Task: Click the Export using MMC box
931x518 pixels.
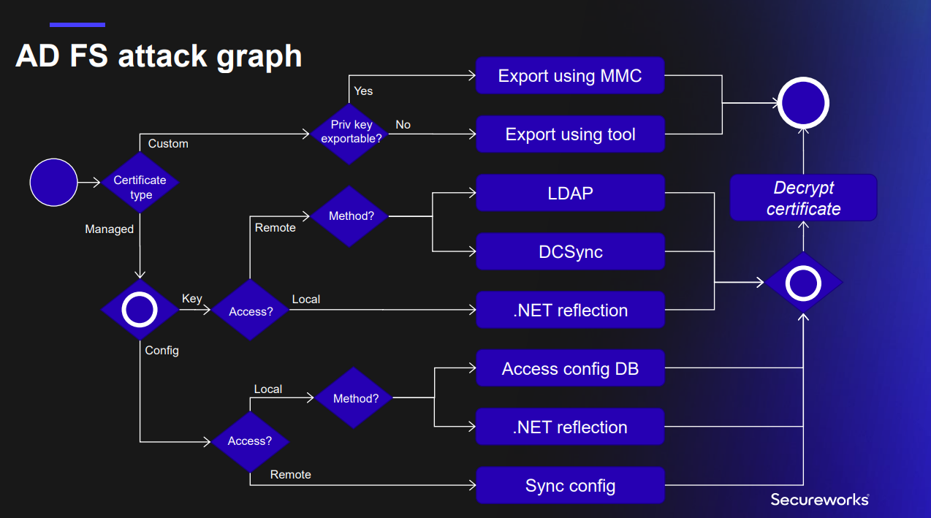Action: click(570, 76)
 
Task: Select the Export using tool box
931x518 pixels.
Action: click(570, 134)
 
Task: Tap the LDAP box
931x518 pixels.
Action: click(570, 193)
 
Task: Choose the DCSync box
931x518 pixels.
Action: click(570, 252)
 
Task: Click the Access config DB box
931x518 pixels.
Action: click(570, 369)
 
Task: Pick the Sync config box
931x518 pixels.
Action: click(570, 486)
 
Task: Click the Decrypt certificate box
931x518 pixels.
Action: click(803, 198)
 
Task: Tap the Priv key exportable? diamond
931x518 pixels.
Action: click(351, 132)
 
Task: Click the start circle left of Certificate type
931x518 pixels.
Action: click(53, 183)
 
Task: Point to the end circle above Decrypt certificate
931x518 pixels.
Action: click(803, 103)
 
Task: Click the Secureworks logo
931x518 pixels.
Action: click(819, 499)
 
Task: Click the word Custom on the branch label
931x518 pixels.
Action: click(168, 143)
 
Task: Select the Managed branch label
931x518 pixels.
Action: click(109, 229)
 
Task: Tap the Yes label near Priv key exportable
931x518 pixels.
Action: click(363, 91)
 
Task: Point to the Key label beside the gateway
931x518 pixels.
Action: click(192, 298)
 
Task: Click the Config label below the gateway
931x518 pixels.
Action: click(161, 350)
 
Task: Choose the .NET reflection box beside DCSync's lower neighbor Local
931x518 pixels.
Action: click(570, 311)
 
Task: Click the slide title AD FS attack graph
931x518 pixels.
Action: click(159, 56)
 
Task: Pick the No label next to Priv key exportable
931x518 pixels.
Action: click(403, 124)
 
